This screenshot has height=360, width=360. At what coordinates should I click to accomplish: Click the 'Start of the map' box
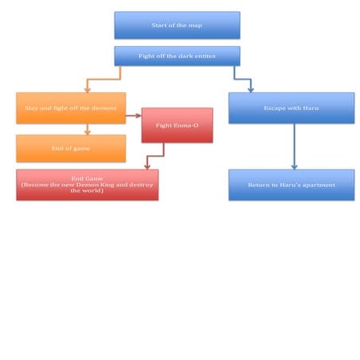click(177, 25)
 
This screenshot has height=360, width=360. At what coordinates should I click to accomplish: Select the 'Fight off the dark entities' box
click(177, 56)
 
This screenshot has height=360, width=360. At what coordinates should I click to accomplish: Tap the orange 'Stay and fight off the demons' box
click(71, 108)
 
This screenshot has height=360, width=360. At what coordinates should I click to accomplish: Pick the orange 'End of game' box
click(71, 148)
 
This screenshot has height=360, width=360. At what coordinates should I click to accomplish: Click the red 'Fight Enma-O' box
click(177, 125)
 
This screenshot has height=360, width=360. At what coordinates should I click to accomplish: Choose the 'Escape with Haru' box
click(292, 108)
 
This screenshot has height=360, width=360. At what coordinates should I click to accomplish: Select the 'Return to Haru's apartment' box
click(292, 185)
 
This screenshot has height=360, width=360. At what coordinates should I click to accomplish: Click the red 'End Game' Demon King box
click(88, 185)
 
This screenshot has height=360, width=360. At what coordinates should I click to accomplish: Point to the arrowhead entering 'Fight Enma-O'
click(139, 115)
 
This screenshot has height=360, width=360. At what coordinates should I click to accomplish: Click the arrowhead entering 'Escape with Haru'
click(251, 89)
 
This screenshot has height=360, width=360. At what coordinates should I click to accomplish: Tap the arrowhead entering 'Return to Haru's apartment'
click(294, 166)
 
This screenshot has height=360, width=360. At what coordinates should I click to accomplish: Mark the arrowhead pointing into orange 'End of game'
click(88, 132)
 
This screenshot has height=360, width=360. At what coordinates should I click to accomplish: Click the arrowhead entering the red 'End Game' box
click(147, 166)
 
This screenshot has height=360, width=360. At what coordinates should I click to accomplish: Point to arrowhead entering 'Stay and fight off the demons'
click(88, 89)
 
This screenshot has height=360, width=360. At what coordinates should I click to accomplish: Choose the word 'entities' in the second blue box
click(205, 56)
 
